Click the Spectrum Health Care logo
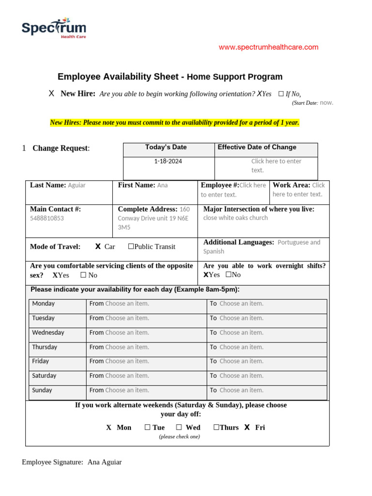53,28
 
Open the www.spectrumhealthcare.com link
268,47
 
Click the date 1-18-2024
168,161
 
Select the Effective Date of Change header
257,147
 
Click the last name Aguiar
77,185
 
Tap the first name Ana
162,185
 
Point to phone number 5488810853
47,218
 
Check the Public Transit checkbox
131,247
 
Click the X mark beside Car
98,247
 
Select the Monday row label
44,304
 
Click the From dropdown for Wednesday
127,333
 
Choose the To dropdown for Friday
241,361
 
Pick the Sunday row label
42,390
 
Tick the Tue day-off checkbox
147,427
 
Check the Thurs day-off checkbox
216,427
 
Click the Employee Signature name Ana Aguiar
105,462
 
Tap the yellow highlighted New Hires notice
174,123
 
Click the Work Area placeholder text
298,190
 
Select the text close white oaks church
235,218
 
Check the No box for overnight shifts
228,275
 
